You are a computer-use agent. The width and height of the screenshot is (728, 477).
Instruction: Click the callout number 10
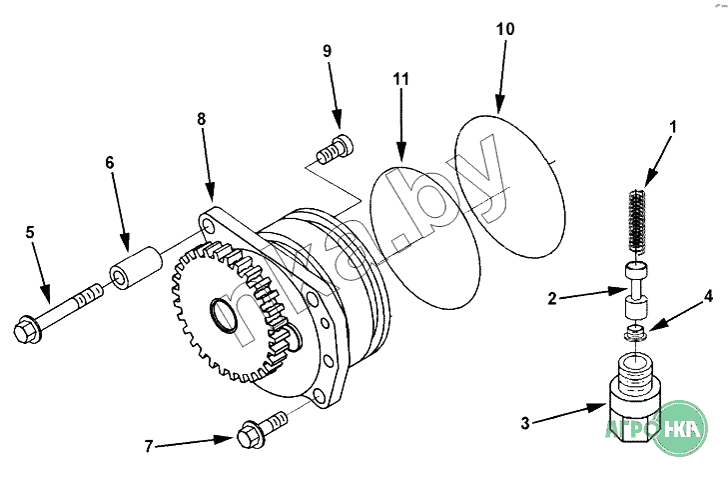click(505, 29)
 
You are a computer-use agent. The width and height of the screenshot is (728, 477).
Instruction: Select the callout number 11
click(401, 79)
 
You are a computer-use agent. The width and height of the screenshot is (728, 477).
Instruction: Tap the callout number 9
click(328, 51)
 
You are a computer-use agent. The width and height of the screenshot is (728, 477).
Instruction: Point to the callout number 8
click(201, 119)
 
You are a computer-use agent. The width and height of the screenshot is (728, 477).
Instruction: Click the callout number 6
click(110, 163)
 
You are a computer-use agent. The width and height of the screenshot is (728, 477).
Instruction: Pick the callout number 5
click(30, 232)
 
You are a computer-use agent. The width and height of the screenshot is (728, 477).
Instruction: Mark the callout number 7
click(148, 447)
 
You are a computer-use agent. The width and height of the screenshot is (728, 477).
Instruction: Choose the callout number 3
click(525, 423)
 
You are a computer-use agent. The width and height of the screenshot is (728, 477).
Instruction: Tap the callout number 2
click(552, 298)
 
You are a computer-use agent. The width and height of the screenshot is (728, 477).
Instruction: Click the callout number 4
click(708, 296)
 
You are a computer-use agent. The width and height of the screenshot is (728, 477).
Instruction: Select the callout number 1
click(673, 126)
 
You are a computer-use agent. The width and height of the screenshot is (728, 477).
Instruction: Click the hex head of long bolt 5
click(27, 330)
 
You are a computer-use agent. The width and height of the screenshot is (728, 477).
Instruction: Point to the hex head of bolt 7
click(251, 435)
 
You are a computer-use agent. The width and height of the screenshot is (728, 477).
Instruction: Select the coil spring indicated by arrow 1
click(637, 223)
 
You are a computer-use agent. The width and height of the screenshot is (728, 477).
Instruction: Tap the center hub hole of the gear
click(225, 316)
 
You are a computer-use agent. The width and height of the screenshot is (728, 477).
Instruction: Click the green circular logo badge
click(679, 428)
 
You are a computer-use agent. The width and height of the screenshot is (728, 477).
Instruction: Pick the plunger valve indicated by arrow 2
click(636, 290)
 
